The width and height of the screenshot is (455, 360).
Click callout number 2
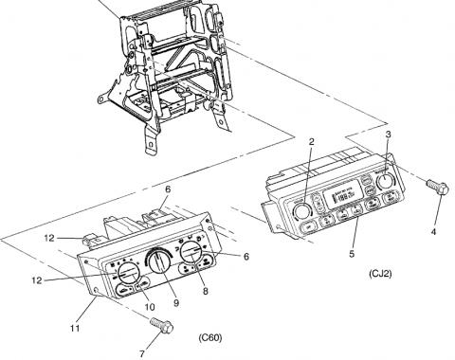(x=310, y=142)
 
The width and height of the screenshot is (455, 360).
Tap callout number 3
(x=388, y=136)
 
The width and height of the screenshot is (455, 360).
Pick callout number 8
(x=205, y=292)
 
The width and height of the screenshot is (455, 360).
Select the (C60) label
(x=210, y=337)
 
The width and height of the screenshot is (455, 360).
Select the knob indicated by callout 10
(x=123, y=276)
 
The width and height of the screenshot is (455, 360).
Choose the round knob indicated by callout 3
(x=386, y=181)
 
